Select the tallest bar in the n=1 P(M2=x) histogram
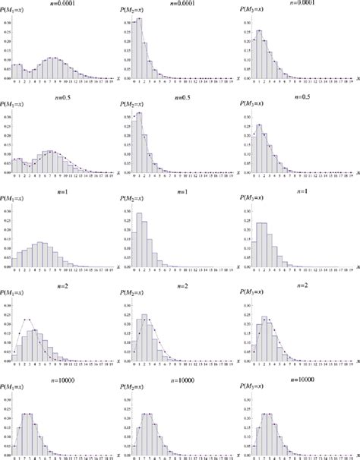coord(138,240)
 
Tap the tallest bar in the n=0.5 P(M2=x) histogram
coord(139,144)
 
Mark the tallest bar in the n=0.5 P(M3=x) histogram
coord(260,147)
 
